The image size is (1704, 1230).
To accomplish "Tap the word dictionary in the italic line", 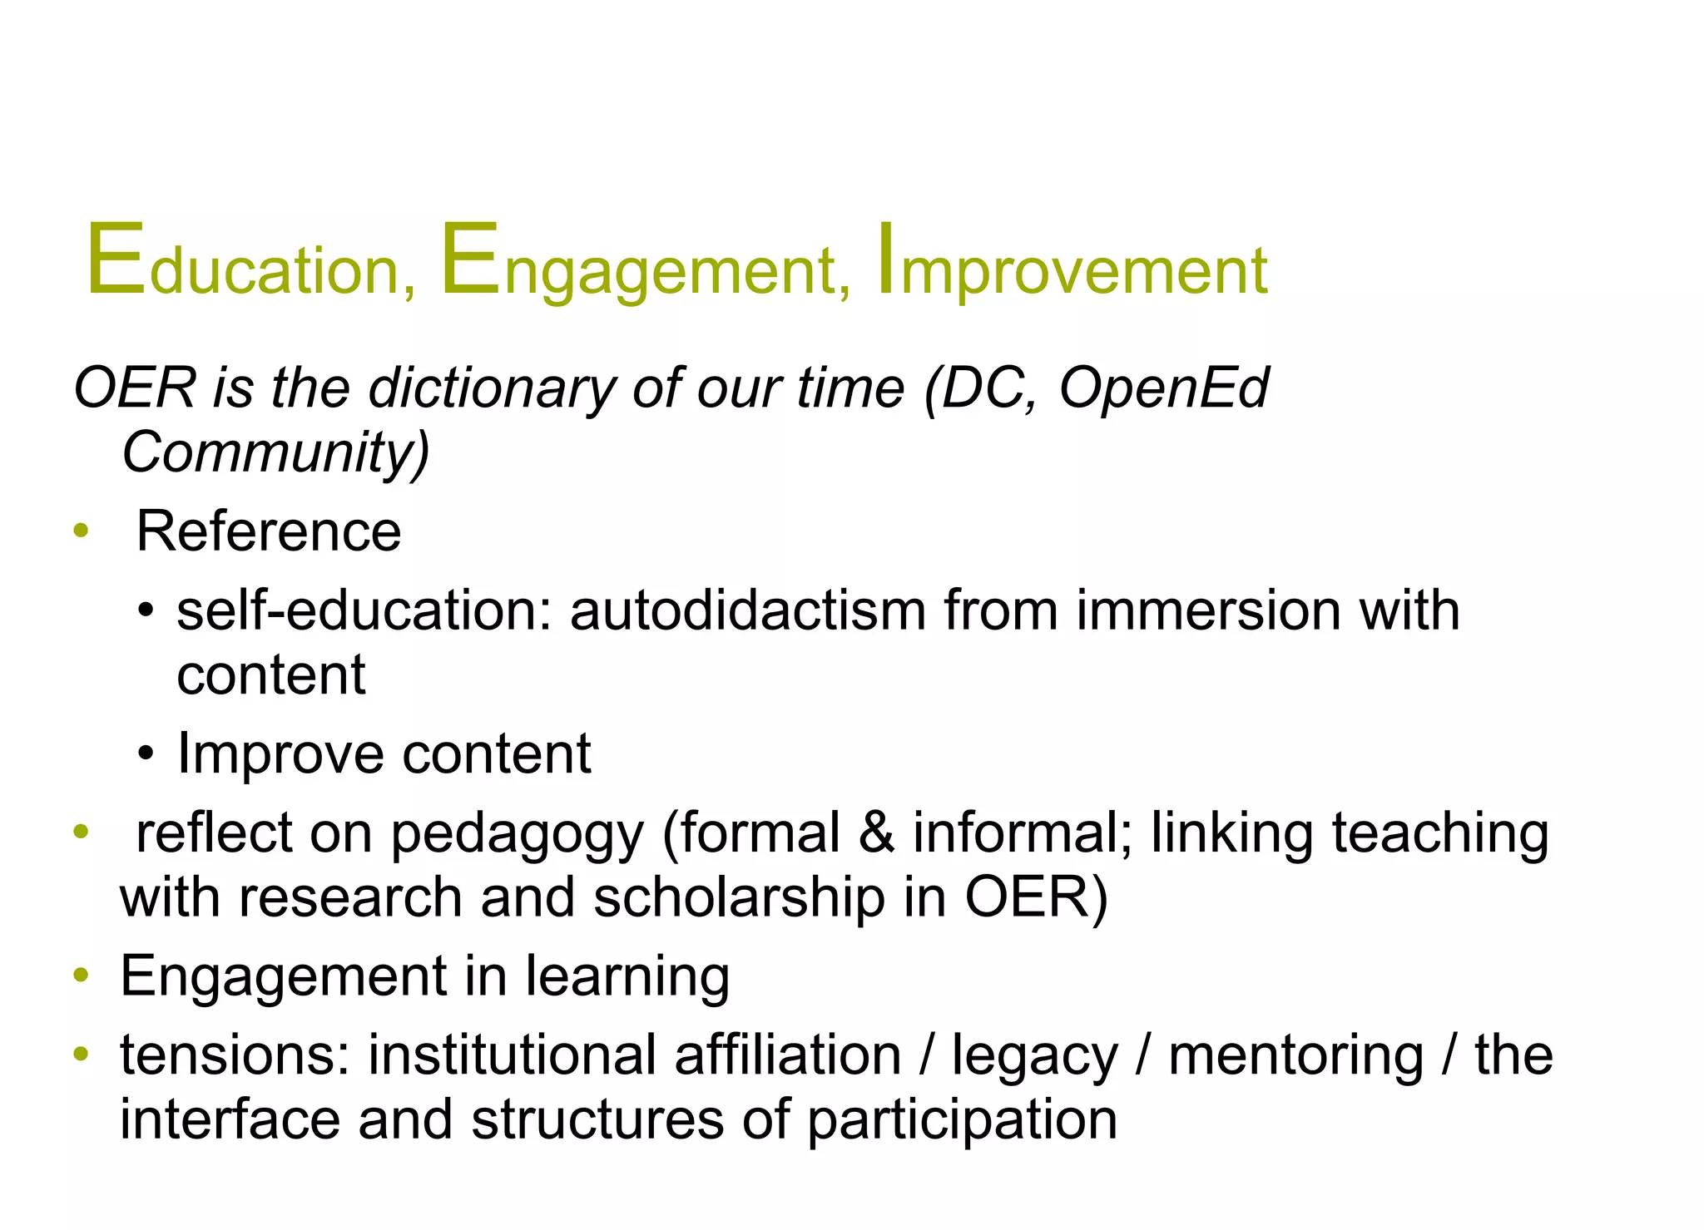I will coord(492,388).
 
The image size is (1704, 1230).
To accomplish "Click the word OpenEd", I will coord(1163,388).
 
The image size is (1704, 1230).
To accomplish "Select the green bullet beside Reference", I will coord(81,531).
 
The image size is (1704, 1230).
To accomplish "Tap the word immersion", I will coord(1208,610).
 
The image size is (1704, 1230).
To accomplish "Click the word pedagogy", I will coord(517,834).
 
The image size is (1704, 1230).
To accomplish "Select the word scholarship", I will coord(740,898).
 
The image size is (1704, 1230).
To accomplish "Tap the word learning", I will coord(627,976).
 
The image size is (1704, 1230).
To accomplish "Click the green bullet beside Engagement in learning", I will coord(81,975).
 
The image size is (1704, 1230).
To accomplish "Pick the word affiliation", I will coord(788,1055).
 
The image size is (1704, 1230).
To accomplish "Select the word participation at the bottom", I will coord(962,1121).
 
